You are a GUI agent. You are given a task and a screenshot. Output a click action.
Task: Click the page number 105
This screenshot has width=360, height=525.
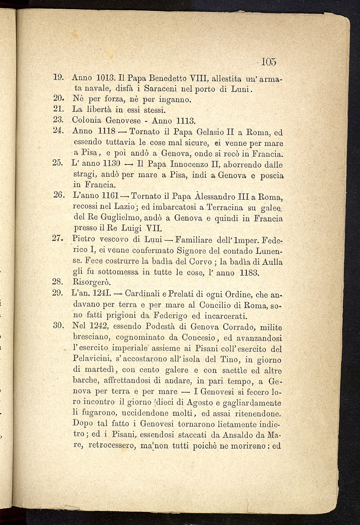269,62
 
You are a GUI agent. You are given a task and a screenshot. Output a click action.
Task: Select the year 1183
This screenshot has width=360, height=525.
250,272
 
